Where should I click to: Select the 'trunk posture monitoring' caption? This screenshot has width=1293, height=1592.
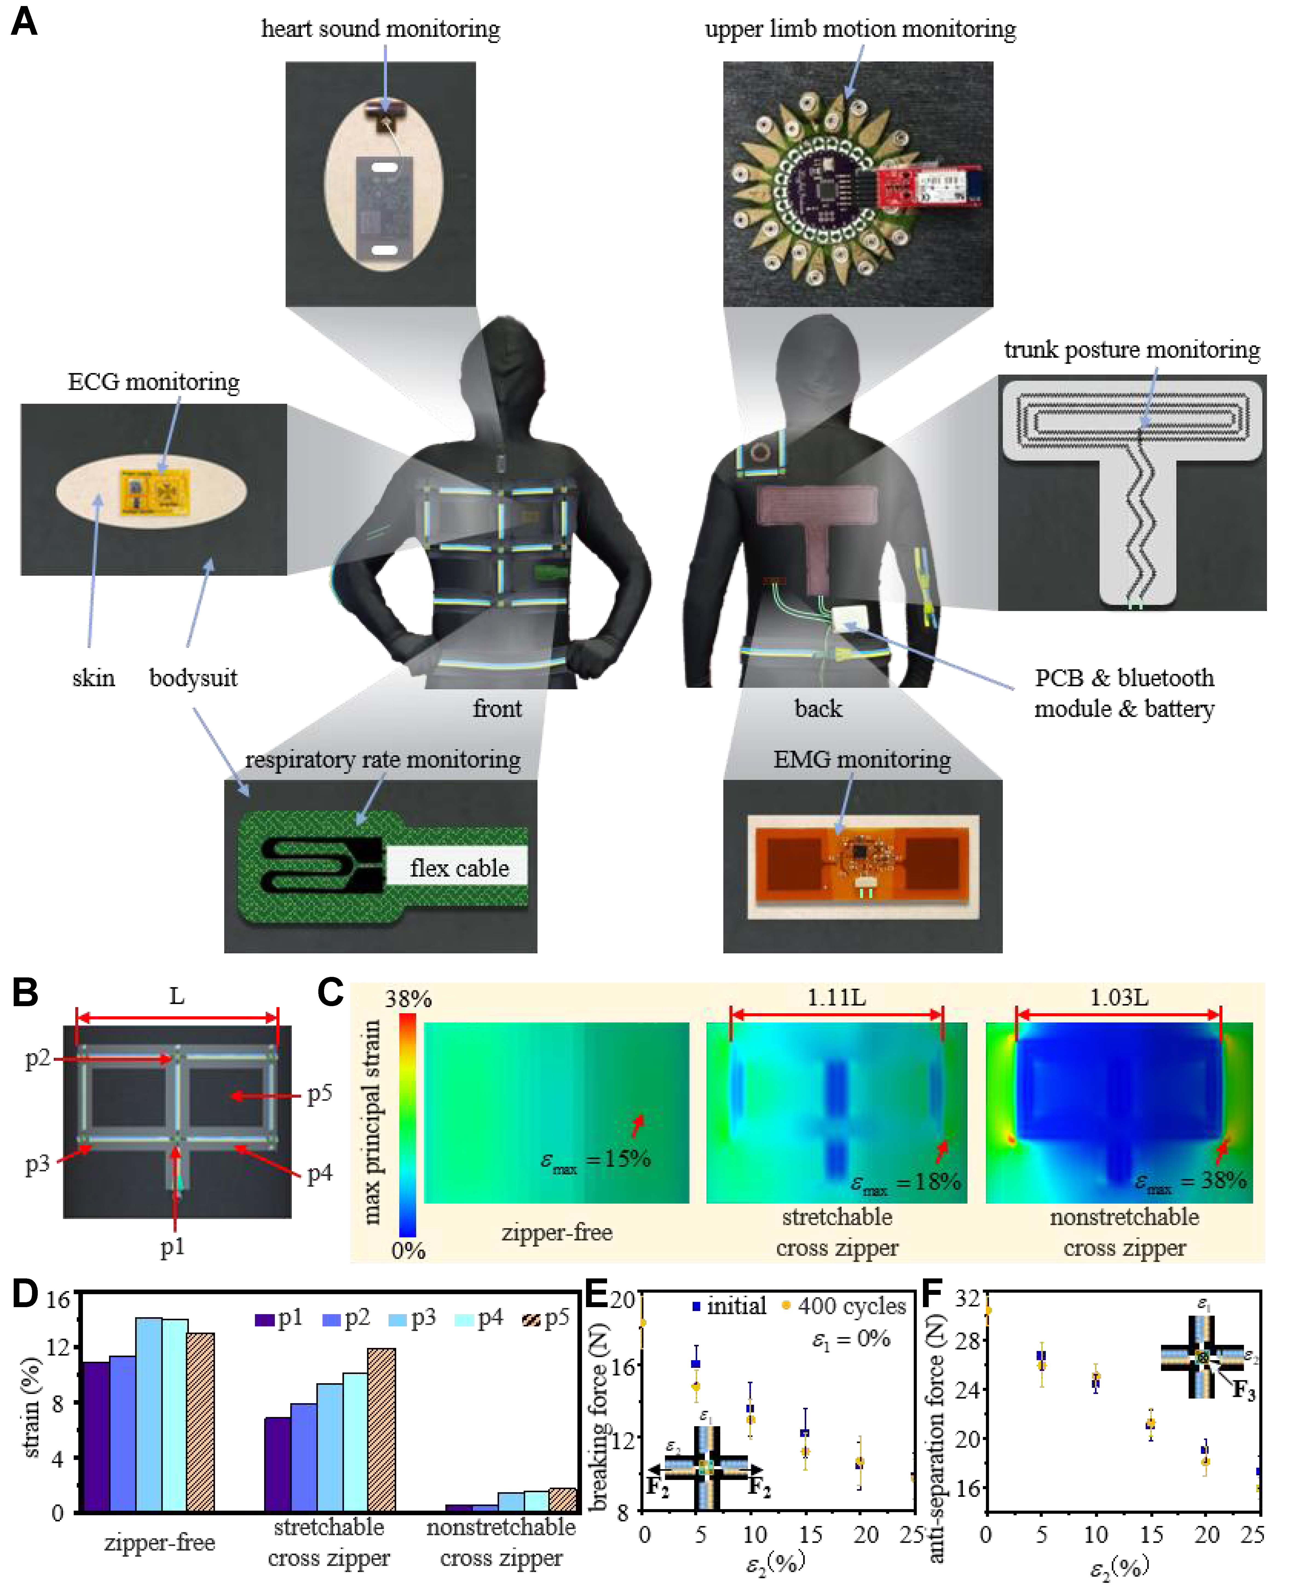[x=1132, y=349]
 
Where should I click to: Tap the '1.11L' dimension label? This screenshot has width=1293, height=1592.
[x=836, y=997]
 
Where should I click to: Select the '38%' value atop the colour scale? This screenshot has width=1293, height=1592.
[x=408, y=999]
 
